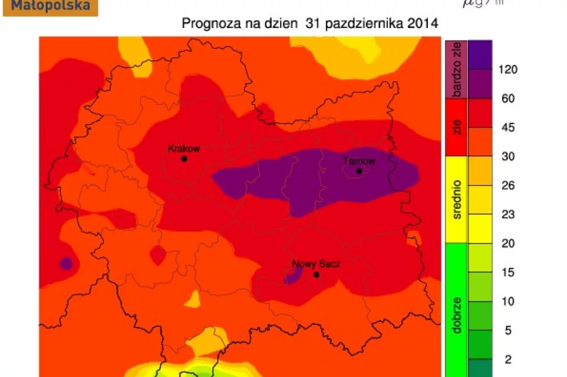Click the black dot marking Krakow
point(184,159)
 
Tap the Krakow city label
point(184,149)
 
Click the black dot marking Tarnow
point(359,171)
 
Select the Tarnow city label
point(359,161)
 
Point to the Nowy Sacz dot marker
point(316,274)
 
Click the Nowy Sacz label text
point(316,264)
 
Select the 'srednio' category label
point(457,200)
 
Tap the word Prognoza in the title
point(207,24)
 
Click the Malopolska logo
point(50,7)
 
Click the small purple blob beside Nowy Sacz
point(292,276)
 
